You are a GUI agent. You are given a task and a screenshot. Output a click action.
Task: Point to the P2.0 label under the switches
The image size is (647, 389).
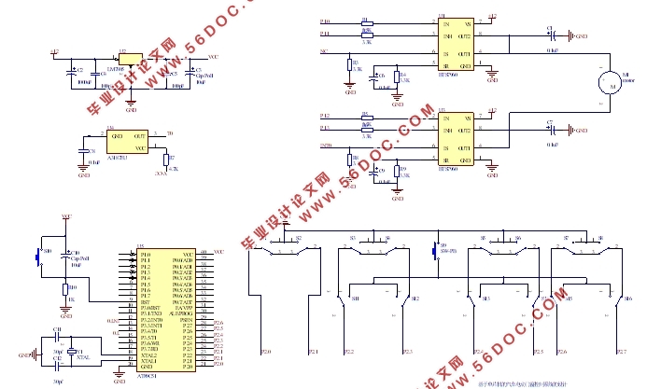(266, 352)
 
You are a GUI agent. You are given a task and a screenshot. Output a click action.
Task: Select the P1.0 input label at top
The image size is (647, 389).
(324, 21)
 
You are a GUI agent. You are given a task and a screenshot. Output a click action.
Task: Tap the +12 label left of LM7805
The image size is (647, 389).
(54, 52)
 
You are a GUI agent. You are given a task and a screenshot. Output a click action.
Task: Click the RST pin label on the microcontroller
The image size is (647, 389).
(145, 302)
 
